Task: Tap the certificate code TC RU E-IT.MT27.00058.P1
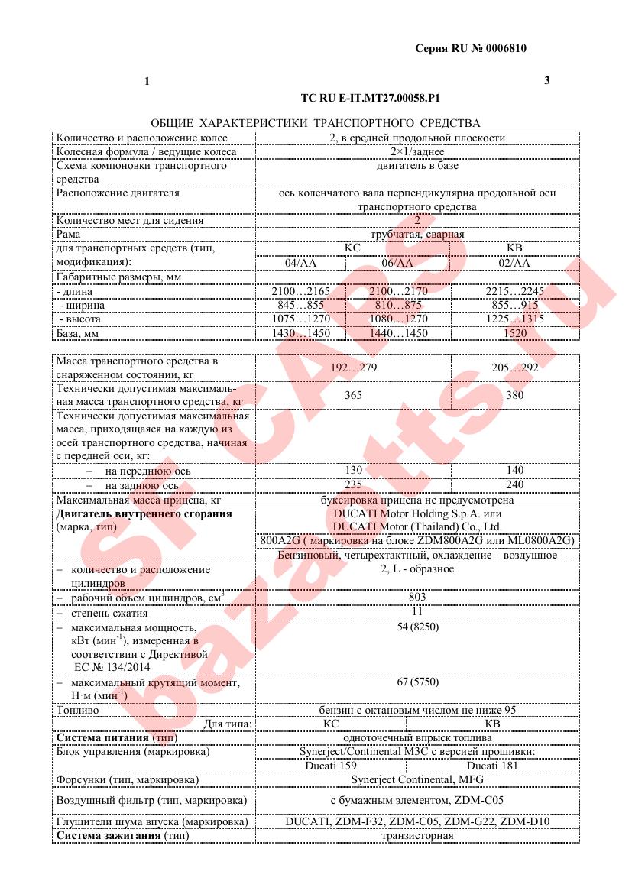point(371,99)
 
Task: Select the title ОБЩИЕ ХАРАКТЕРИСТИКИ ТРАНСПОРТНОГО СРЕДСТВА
point(316,123)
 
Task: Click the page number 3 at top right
point(546,80)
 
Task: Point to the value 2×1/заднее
point(417,151)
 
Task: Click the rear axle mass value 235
point(353,484)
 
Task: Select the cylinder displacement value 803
point(417,597)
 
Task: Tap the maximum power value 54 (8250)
point(417,627)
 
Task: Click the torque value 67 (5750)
point(417,681)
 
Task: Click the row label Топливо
point(78,710)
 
